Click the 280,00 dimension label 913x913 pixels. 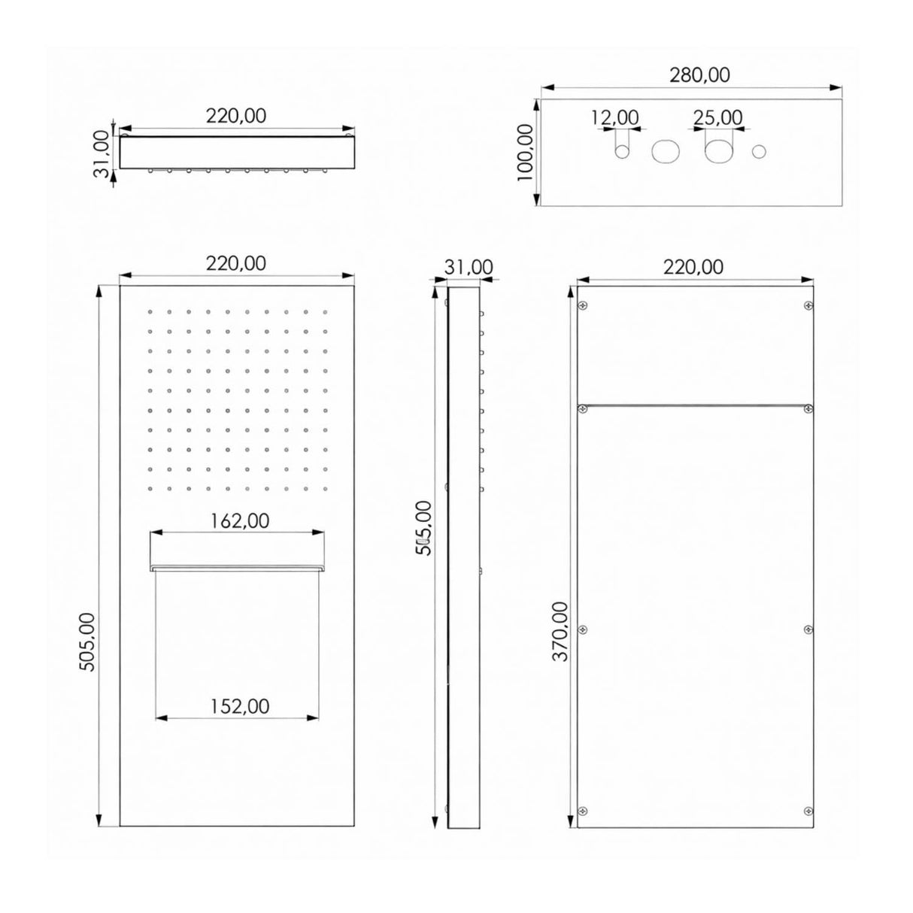click(x=699, y=75)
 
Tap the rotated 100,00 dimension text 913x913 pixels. click(x=525, y=152)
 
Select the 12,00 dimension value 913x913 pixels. click(x=615, y=117)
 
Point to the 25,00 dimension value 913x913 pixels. click(x=717, y=117)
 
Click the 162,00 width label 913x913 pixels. click(x=239, y=521)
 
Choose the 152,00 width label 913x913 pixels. click(x=239, y=706)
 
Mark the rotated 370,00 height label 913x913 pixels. click(x=561, y=632)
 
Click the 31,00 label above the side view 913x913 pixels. click(x=469, y=268)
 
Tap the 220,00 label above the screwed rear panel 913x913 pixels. click(x=693, y=268)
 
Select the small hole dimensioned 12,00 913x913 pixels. click(x=622, y=152)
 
